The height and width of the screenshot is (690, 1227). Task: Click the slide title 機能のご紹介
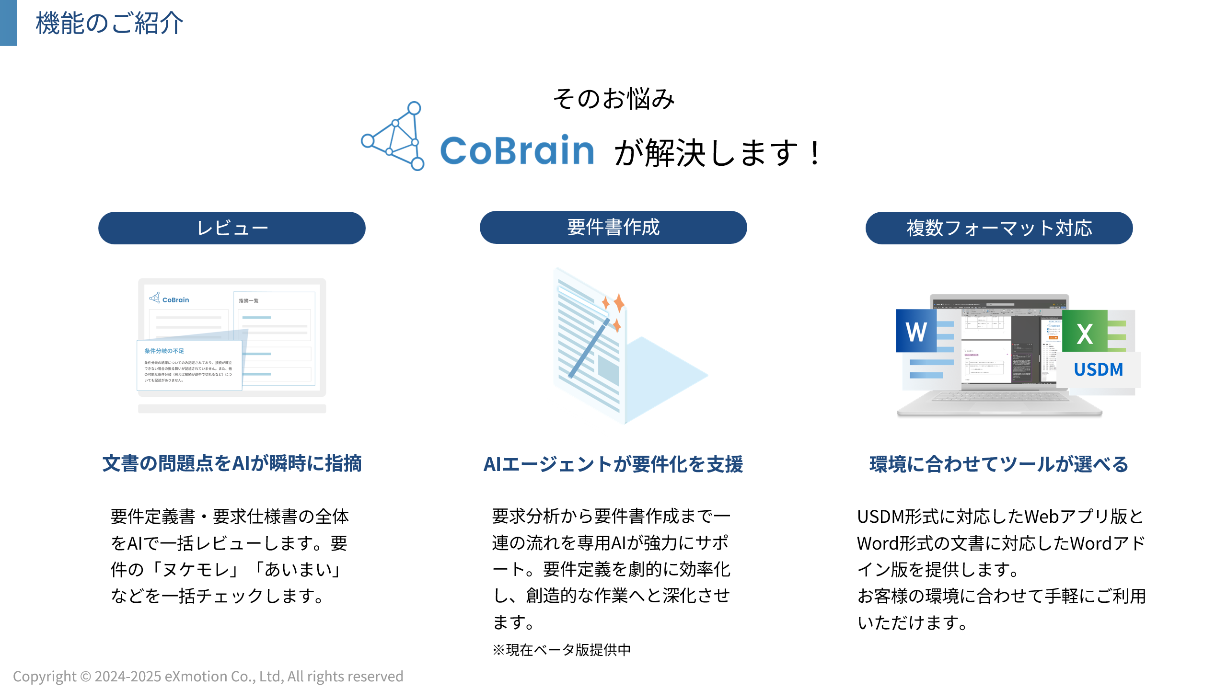(109, 23)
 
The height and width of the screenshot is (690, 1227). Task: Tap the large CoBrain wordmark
(517, 150)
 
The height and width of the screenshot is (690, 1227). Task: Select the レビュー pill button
(232, 228)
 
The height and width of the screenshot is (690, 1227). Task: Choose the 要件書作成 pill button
(613, 227)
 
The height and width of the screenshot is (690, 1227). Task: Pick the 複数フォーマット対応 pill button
(999, 228)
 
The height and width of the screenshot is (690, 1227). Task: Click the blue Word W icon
(916, 331)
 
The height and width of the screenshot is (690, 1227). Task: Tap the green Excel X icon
(1085, 332)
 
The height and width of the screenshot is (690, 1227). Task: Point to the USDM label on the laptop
(1098, 369)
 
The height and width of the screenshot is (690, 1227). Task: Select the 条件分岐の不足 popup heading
(164, 351)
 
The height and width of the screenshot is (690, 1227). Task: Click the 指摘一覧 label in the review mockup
(249, 300)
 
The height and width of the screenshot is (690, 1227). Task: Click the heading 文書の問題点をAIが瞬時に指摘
(232, 463)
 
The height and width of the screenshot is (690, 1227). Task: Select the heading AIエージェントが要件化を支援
(613, 464)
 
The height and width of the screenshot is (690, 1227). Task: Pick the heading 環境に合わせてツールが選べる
(999, 464)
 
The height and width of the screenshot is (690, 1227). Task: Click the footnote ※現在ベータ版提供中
(561, 650)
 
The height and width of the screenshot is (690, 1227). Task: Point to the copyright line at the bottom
(208, 676)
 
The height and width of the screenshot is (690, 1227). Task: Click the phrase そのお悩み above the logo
(613, 99)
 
